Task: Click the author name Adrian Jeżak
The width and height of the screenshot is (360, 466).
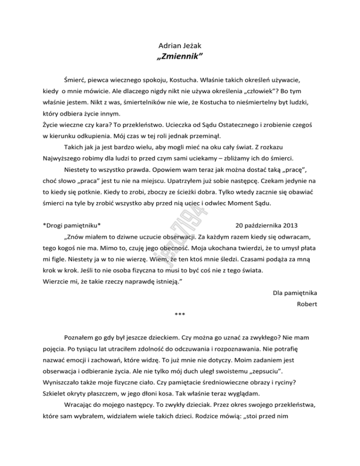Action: tap(180, 46)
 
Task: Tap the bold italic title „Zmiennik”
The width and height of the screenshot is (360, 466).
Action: tap(180, 58)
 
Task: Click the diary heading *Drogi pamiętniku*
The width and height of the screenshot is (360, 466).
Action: tap(71, 224)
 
